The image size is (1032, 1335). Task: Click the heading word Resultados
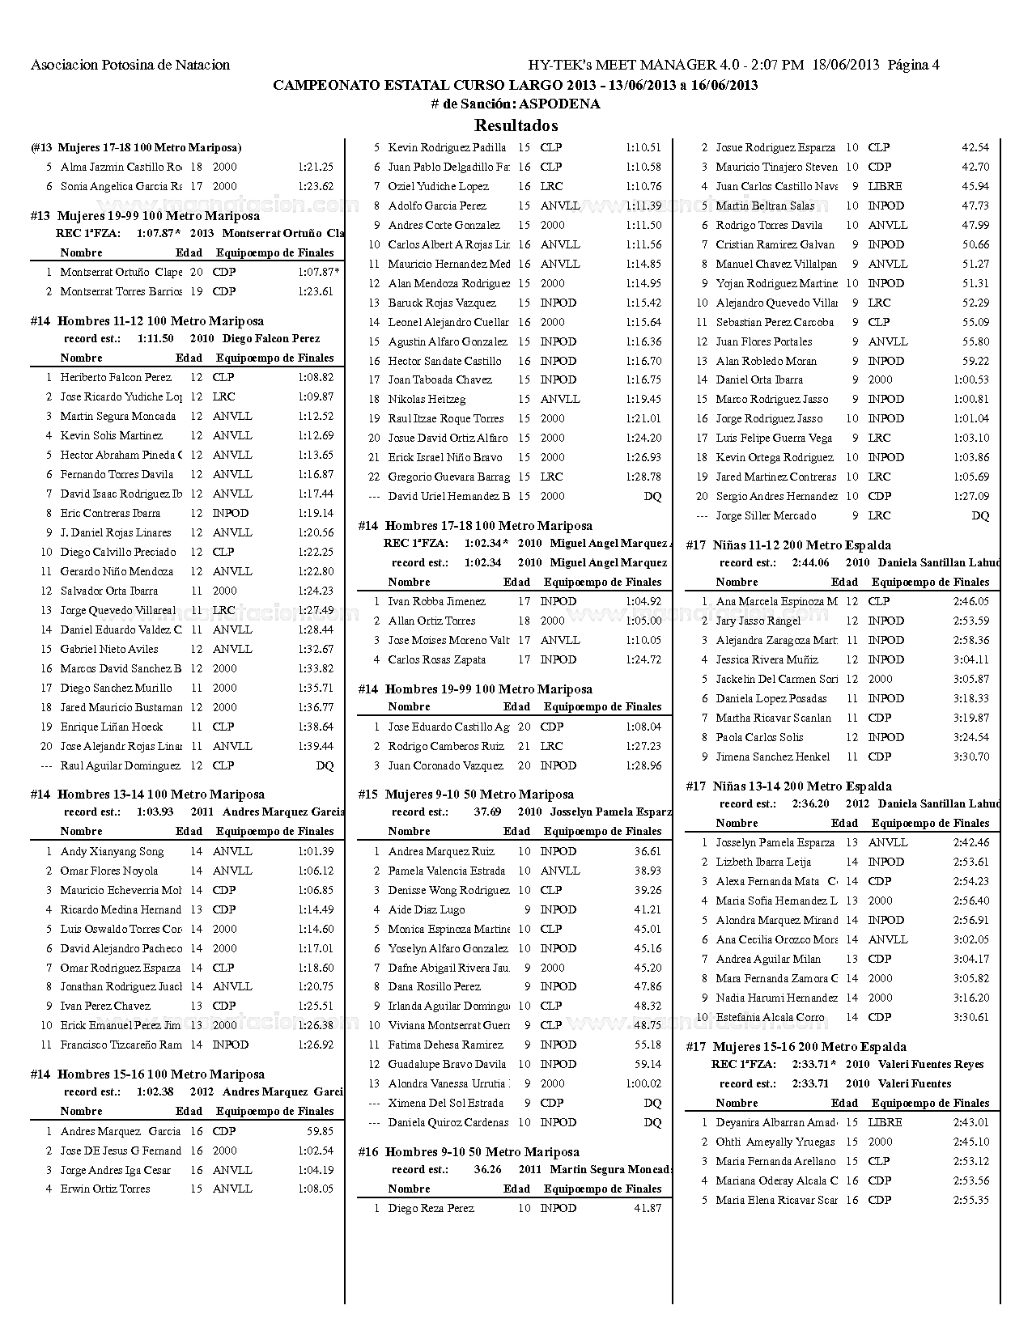point(516,125)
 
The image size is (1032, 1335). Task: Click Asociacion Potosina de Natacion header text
point(130,65)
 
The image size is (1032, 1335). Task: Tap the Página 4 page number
point(913,65)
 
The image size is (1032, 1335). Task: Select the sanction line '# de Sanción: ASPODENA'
point(516,104)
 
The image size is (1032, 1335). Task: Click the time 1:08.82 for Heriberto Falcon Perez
point(316,377)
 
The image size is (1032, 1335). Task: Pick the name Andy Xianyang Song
point(112,851)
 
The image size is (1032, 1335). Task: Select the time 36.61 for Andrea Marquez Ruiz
point(648,851)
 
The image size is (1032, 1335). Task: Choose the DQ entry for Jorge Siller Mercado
point(980,515)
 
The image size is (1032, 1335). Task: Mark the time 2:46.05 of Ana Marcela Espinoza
point(970,601)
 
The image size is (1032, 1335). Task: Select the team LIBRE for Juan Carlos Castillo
point(885,186)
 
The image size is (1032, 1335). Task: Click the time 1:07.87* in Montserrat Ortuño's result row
point(318,272)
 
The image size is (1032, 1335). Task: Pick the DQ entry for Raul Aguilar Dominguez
point(325,765)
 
